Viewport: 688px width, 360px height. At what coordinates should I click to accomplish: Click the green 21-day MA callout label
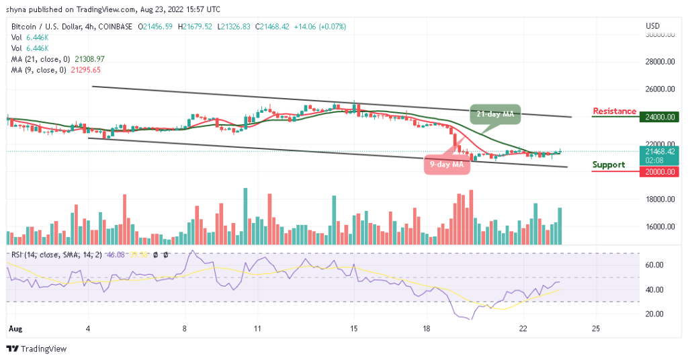click(x=496, y=114)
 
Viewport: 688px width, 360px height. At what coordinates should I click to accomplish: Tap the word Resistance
click(x=614, y=111)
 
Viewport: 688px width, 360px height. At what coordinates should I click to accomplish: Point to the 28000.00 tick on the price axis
click(x=660, y=62)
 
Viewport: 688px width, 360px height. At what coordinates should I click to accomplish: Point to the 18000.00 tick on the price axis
click(x=660, y=199)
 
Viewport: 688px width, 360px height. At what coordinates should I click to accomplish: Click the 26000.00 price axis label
click(x=660, y=89)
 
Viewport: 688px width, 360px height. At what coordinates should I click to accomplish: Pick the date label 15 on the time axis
click(x=354, y=329)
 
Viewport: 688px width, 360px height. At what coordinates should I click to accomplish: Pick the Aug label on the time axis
click(x=13, y=329)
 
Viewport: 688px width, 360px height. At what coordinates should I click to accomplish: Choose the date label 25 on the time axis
click(x=595, y=329)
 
